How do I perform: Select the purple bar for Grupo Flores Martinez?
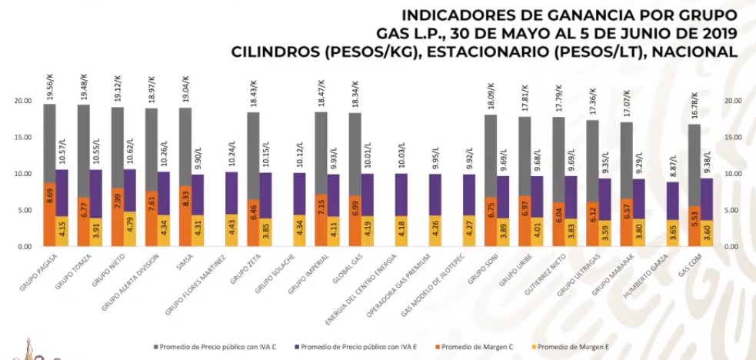pos(231,192)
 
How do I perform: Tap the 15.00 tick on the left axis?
pos(23,137)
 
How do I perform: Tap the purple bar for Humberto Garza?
pos(672,200)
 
